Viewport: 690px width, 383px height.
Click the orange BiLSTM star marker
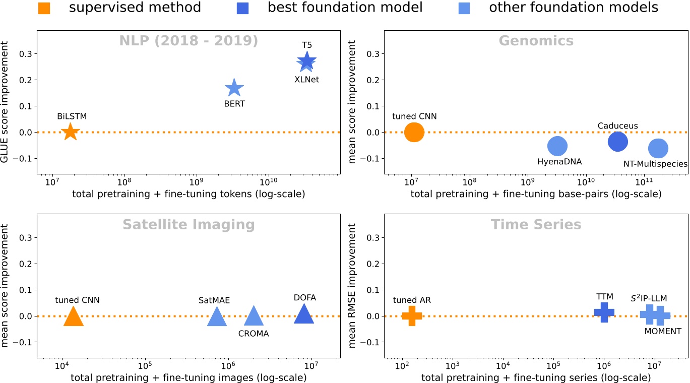(70, 132)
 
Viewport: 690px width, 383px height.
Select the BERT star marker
(234, 88)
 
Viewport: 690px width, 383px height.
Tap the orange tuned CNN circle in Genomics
(414, 132)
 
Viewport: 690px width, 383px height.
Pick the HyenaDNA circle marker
(557, 146)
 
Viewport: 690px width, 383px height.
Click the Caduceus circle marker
(617, 142)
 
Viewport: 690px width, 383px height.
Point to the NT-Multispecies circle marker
(658, 148)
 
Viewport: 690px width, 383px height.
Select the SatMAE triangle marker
(217, 317)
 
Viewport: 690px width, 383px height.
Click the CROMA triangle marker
(254, 317)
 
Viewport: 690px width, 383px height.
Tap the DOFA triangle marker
(304, 315)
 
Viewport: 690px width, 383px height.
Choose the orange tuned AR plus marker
(412, 316)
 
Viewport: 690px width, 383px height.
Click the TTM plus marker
(604, 312)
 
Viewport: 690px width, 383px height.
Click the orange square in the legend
(44, 8)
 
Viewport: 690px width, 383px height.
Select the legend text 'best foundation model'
(345, 8)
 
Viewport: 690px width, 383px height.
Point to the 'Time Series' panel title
(536, 224)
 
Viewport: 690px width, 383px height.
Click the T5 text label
(307, 45)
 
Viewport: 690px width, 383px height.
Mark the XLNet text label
(306, 79)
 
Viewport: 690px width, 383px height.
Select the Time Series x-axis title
(536, 377)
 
